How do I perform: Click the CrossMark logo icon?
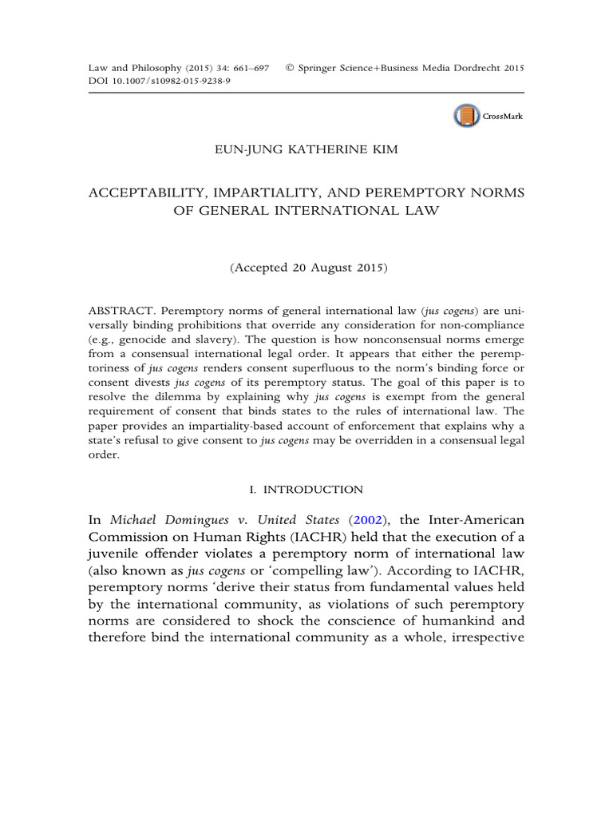[465, 116]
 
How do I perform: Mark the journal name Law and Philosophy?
[126, 69]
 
